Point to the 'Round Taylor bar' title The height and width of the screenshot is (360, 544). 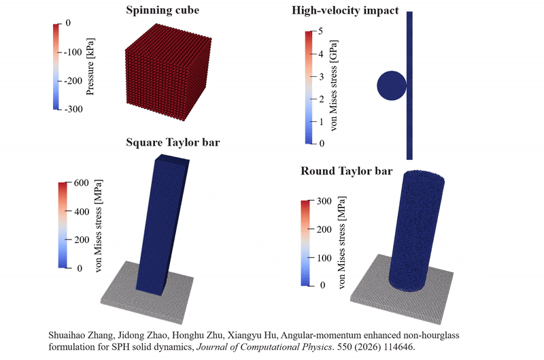[x=347, y=171]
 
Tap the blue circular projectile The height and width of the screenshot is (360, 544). [x=392, y=85]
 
